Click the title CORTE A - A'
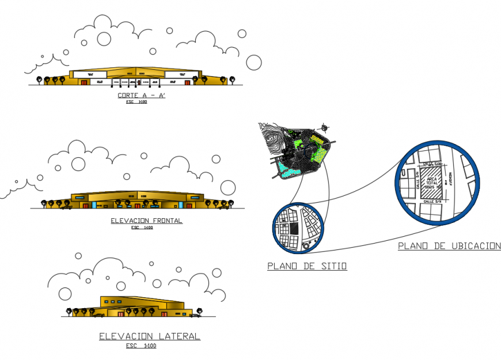pyautogui.click(x=141, y=96)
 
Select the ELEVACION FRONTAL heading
pyautogui.click(x=146, y=221)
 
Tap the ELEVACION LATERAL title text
pyautogui.click(x=150, y=336)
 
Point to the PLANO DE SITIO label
pyautogui.click(x=307, y=266)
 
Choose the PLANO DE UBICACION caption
pyautogui.click(x=449, y=246)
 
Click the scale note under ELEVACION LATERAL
pyautogui.click(x=141, y=346)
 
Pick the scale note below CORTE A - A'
pyautogui.click(x=136, y=103)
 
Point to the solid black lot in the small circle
pyautogui.click(x=293, y=228)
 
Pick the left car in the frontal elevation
pyautogui.click(x=66, y=206)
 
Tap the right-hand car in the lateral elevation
pyautogui.click(x=196, y=315)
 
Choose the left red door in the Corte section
pyautogui.click(x=84, y=82)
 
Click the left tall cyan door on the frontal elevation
pyautogui.click(x=94, y=204)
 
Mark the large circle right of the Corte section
pyautogui.click(x=254, y=62)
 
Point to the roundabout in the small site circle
pyautogui.click(x=305, y=247)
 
